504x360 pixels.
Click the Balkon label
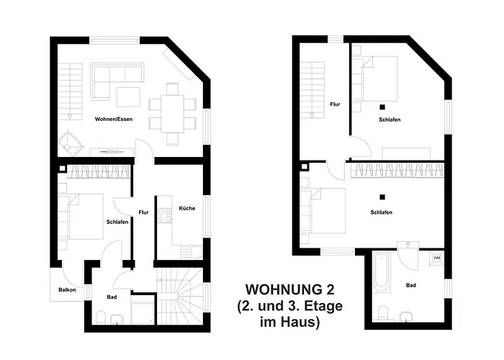pyautogui.click(x=67, y=290)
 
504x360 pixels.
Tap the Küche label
pyautogui.click(x=186, y=208)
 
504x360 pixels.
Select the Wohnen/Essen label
pyautogui.click(x=111, y=117)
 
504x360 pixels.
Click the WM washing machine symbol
pyautogui.click(x=436, y=258)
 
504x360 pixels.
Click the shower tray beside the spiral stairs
pyautogui.click(x=143, y=312)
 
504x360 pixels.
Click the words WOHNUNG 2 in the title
pyautogui.click(x=290, y=289)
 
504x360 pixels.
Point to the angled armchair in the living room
pyautogui.click(x=70, y=142)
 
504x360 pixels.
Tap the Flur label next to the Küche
pyautogui.click(x=144, y=212)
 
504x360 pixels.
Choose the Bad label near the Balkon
pyautogui.click(x=112, y=297)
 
